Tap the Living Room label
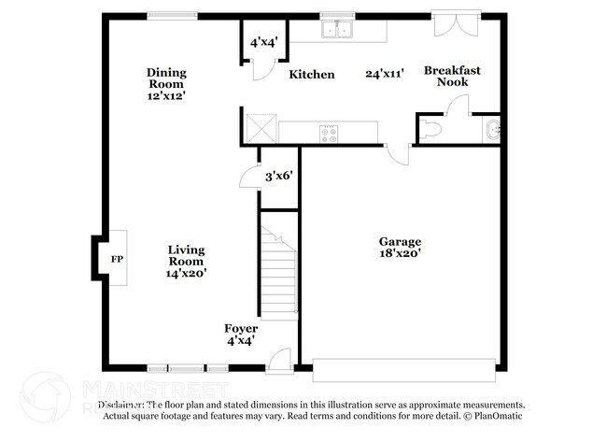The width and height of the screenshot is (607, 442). [x=186, y=261]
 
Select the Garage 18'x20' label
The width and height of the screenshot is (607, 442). [x=400, y=246]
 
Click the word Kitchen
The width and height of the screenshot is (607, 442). [x=311, y=75]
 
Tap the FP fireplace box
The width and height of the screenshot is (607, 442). [x=117, y=259]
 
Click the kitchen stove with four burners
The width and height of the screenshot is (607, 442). [x=330, y=132]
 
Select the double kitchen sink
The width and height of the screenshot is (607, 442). [x=337, y=30]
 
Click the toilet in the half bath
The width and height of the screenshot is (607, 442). [x=431, y=130]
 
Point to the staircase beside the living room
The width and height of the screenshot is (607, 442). [x=277, y=271]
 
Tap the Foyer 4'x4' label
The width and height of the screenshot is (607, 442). [x=241, y=335]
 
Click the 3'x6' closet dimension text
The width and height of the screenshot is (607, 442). [x=279, y=176]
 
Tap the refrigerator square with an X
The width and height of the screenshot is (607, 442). [x=259, y=126]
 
